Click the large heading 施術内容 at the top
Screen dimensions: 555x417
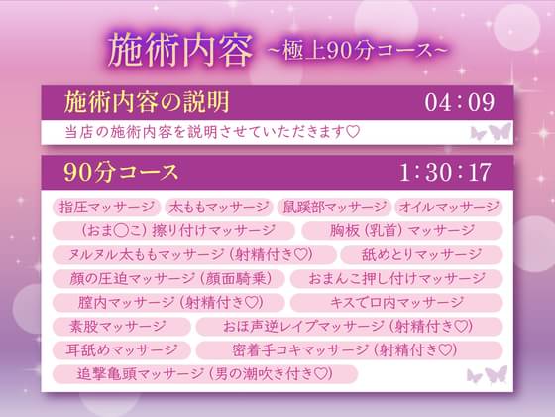coord(180,51)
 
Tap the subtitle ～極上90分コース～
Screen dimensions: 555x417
coord(358,51)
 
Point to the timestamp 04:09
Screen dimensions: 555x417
coord(460,103)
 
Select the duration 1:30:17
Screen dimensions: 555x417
coord(445,172)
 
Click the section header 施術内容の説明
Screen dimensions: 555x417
coord(147,102)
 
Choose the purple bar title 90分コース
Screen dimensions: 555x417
coord(121,173)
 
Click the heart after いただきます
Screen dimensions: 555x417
coord(353,132)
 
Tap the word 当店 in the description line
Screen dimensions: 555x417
coord(76,132)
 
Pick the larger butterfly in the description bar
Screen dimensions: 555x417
coord(499,131)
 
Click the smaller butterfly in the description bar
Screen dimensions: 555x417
coord(478,133)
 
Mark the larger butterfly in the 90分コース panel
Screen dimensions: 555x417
coord(497,374)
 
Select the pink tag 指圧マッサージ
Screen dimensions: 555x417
coord(107,208)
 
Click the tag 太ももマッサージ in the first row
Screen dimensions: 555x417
coord(218,208)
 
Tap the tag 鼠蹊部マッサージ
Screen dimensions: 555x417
coord(334,208)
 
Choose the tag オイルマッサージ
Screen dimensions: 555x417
coord(448,208)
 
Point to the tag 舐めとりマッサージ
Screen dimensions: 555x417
coord(421,254)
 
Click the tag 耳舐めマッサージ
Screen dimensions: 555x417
coord(122,350)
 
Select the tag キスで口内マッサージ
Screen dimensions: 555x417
coord(396,303)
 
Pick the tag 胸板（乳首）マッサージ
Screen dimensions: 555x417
coord(402,230)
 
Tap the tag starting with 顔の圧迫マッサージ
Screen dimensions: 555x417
coord(168,278)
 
